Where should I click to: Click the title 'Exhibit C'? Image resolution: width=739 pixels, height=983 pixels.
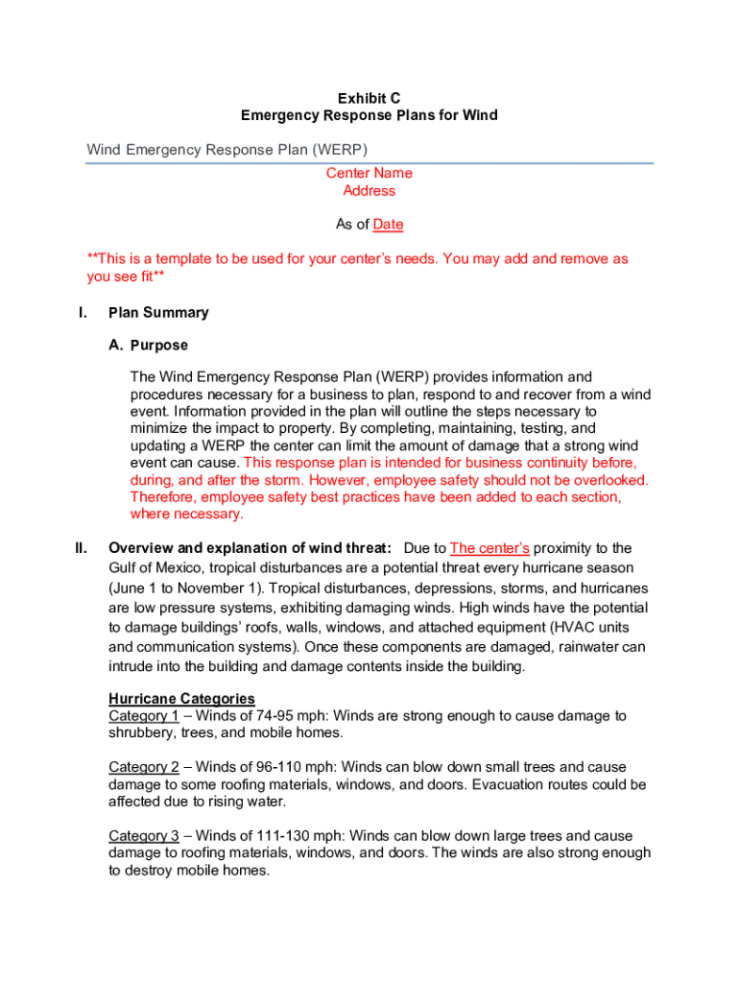[369, 99]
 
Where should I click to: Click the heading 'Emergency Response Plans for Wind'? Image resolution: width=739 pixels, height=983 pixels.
[369, 116]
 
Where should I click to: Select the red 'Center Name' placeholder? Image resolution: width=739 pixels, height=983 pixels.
[369, 174]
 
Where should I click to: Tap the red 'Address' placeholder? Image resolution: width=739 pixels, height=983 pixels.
[369, 191]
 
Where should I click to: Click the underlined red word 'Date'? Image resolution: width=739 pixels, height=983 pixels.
[388, 225]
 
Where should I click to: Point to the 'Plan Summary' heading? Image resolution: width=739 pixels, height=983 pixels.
[158, 313]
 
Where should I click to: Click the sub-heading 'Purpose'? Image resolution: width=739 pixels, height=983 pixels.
[159, 346]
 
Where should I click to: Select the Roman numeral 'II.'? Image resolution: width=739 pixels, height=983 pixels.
[82, 548]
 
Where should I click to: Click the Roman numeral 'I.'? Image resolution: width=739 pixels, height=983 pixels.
[83, 313]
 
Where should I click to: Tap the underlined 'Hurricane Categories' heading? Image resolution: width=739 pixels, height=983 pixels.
[181, 699]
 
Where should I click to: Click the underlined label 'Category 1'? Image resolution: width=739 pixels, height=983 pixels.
[144, 716]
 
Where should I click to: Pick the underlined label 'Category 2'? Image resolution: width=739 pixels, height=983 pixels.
[144, 768]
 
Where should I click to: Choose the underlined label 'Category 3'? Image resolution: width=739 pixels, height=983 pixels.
[144, 837]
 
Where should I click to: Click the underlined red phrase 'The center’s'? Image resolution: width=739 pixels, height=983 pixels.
[489, 548]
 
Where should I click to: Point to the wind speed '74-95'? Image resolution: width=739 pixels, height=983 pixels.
[264, 716]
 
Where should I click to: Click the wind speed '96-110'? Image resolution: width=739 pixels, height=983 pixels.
[268, 768]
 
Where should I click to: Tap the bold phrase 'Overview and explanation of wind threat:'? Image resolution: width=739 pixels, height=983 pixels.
[250, 548]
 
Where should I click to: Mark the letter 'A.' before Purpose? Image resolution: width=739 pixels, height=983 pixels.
[116, 346]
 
